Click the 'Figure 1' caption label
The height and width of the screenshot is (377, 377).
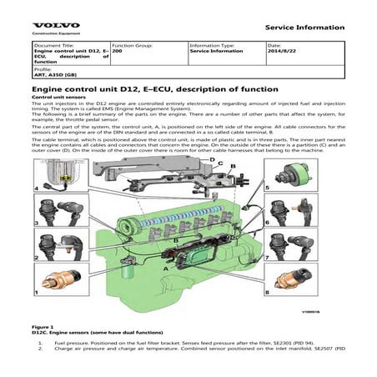(x=43, y=327)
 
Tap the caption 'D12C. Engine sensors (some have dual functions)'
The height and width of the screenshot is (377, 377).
(x=99, y=333)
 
